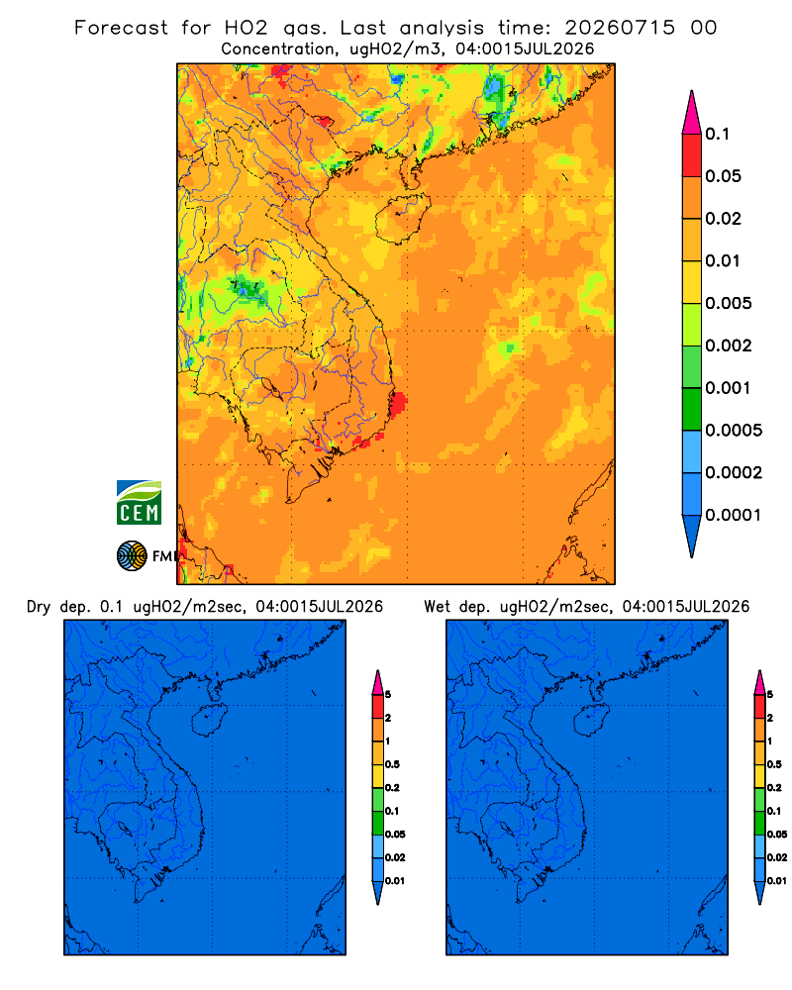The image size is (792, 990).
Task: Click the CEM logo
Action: pos(139,503)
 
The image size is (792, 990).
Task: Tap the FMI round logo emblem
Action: pos(132,555)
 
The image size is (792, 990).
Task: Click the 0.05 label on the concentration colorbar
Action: pos(723,176)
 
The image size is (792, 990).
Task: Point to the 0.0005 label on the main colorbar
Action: pos(734,431)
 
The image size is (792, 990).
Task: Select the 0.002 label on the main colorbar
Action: pos(729,346)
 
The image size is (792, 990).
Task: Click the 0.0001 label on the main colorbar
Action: pos(734,515)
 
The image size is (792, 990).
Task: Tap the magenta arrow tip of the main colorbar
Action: pos(692,112)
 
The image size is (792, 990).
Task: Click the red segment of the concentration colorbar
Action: pos(692,155)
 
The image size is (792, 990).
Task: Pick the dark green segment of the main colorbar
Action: pos(692,409)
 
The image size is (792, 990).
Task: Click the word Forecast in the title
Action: pos(121,28)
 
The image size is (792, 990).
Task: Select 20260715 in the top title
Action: pos(620,28)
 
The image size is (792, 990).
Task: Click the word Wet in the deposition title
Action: pos(437,607)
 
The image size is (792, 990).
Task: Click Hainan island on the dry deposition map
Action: pos(210,721)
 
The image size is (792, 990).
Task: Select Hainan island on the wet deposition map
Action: pos(592,721)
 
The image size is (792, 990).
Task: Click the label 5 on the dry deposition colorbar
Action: pos(388,695)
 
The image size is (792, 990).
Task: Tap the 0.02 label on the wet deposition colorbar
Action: pos(777,857)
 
